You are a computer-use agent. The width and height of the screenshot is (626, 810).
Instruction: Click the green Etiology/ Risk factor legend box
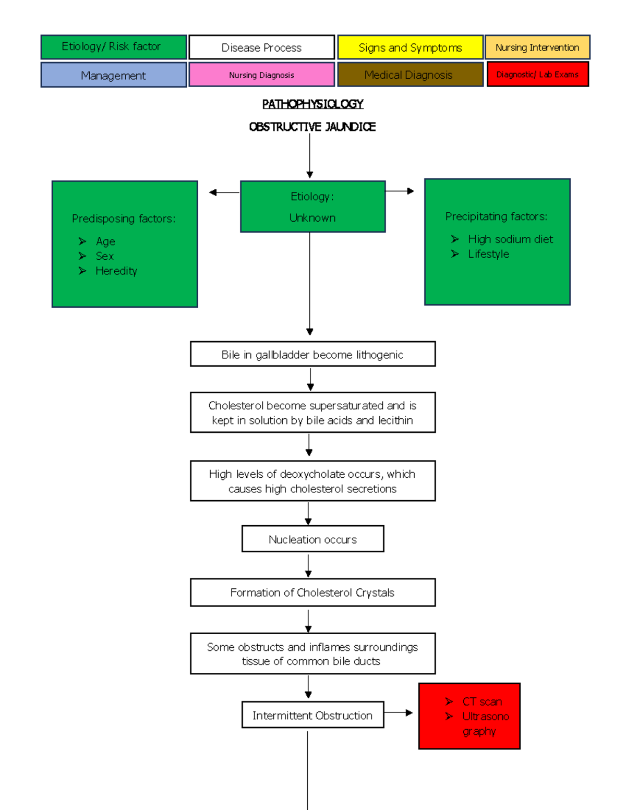[x=113, y=47]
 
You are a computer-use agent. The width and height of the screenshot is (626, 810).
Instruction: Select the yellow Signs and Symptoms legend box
[x=410, y=47]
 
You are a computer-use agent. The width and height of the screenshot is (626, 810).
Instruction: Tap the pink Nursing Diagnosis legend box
[x=261, y=75]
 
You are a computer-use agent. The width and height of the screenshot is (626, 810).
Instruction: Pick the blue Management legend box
[x=113, y=75]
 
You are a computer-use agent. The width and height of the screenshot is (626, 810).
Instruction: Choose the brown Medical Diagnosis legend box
[x=410, y=75]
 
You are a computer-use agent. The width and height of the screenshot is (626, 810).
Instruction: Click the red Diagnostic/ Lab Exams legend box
[x=537, y=74]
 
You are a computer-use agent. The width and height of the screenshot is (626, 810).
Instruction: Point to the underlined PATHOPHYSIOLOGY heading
[x=312, y=104]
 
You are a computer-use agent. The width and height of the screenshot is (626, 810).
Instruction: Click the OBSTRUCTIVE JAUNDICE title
[x=312, y=127]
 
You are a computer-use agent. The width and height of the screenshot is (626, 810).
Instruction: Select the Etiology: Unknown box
[x=312, y=207]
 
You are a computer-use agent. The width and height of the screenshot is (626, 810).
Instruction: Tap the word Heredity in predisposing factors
[x=116, y=271]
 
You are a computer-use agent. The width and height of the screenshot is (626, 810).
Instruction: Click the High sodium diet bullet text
[x=510, y=239]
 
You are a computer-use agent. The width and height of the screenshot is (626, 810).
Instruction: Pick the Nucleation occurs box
[x=312, y=539]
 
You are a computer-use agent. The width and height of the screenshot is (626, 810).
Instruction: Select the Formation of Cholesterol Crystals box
[x=312, y=593]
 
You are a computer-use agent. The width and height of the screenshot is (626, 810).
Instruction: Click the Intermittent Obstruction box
[x=312, y=715]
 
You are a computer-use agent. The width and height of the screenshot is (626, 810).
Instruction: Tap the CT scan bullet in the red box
[x=482, y=702]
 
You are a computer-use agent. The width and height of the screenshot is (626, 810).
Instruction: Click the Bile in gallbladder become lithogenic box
[x=312, y=354]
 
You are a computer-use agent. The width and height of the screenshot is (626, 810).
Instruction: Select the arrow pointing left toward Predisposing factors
[x=223, y=192]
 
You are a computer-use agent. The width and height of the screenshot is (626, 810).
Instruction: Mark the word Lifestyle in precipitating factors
[x=488, y=254]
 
